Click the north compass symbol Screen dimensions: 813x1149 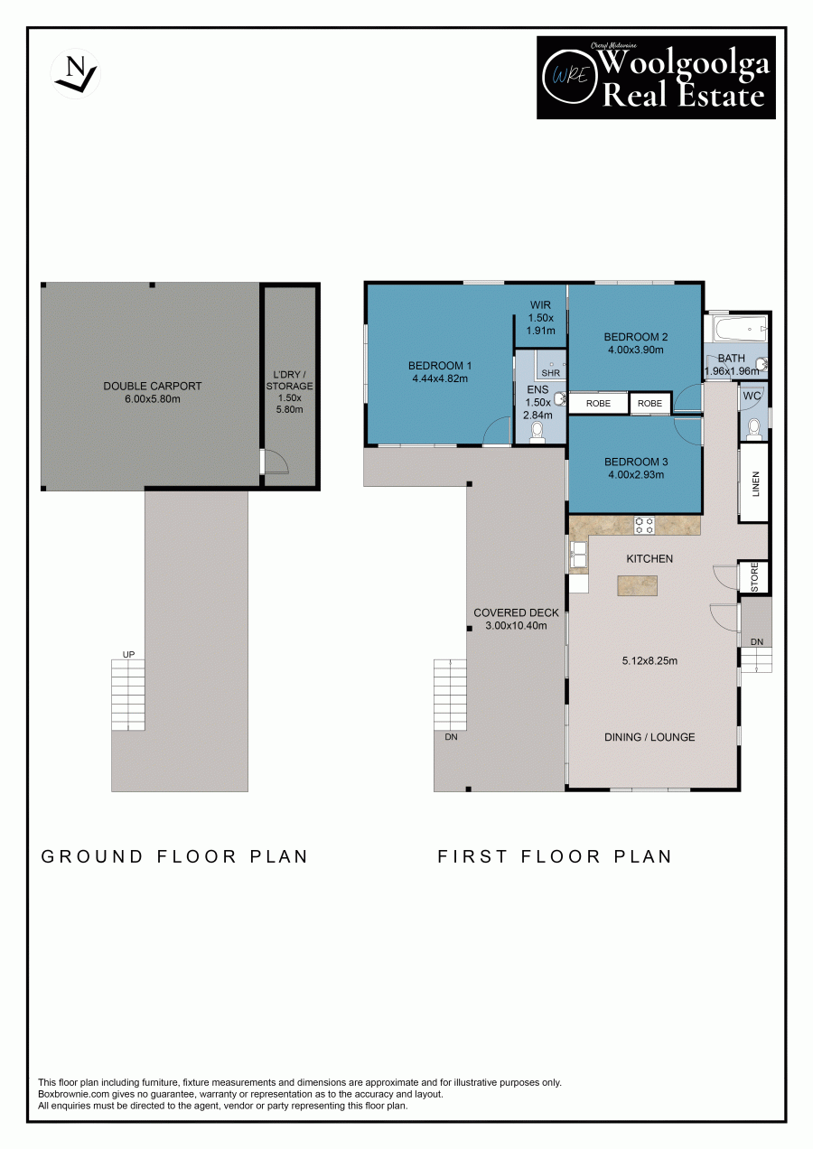coord(75,74)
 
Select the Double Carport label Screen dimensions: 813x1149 coord(153,386)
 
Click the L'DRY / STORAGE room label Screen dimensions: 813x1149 coord(289,380)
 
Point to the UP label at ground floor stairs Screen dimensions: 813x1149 coord(129,655)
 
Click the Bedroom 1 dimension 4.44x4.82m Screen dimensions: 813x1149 coord(440,378)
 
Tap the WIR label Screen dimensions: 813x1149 coord(540,304)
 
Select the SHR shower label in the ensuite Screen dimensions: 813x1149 coord(551,373)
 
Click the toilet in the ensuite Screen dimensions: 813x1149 coord(537,433)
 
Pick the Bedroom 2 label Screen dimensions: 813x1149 coord(636,337)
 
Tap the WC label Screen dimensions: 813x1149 coord(752,396)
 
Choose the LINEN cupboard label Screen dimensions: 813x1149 coord(755,483)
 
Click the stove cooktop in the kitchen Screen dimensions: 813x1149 coord(644,525)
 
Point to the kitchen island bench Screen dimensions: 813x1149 coord(638,585)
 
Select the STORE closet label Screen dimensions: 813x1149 coord(754,577)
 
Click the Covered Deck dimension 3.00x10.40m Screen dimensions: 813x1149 coord(516,625)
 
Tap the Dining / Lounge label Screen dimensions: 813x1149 coord(649,737)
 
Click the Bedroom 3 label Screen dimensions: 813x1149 coord(636,462)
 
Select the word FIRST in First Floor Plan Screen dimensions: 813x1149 coord(472,856)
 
